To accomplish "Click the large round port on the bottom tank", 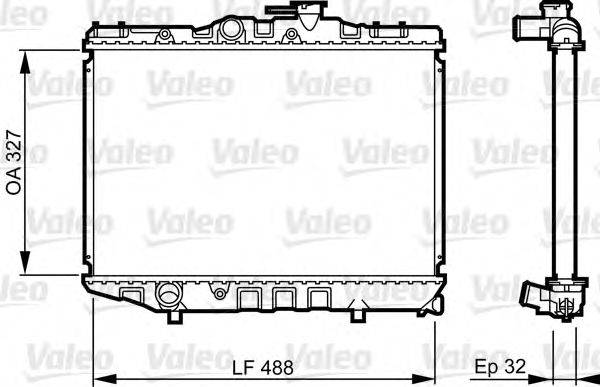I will (x=167, y=295).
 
